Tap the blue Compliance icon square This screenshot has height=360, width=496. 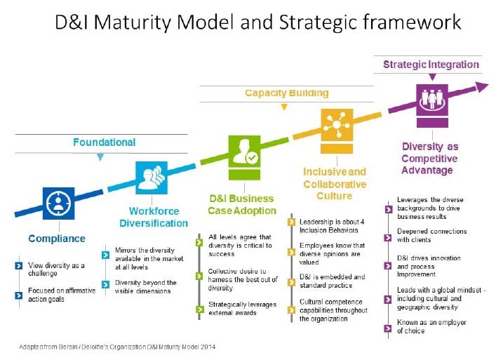(x=58, y=204)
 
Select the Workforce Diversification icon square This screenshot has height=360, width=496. (x=151, y=177)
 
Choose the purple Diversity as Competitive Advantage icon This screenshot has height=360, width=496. (x=432, y=100)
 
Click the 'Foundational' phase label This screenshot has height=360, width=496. (x=104, y=142)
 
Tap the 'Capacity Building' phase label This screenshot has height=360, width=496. (x=286, y=93)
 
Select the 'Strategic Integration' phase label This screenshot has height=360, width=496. (x=431, y=65)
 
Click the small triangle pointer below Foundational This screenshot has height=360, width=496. (x=100, y=157)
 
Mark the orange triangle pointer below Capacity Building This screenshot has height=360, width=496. (x=283, y=107)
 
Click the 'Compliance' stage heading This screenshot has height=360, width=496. (x=57, y=239)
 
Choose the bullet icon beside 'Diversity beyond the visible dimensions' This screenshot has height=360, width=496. (x=107, y=284)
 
